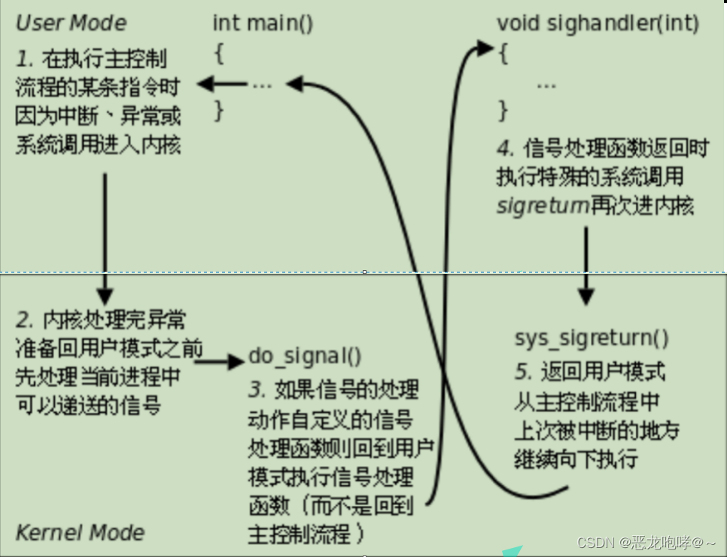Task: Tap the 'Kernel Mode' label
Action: [x=79, y=532]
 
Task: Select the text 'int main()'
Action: [x=263, y=23]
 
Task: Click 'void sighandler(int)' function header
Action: [x=598, y=23]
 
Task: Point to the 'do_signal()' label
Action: [x=305, y=356]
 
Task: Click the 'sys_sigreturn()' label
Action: [x=592, y=338]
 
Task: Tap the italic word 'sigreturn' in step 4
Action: [x=543, y=206]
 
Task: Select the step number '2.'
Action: [x=26, y=321]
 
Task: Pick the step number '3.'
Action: [x=258, y=391]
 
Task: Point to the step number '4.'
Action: [x=506, y=148]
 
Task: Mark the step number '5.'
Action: [x=524, y=372]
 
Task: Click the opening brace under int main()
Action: [x=218, y=55]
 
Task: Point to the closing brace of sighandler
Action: [x=503, y=111]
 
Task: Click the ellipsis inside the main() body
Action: [x=261, y=84]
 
